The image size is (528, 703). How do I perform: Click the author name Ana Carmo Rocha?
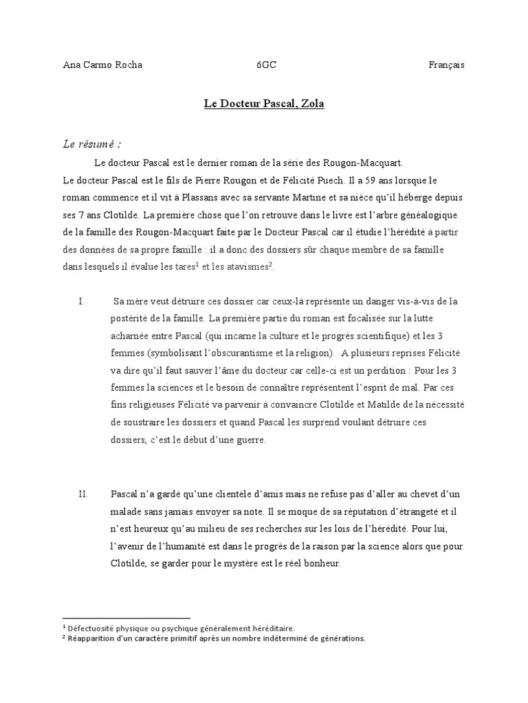102,65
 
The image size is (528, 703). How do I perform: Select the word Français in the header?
446,65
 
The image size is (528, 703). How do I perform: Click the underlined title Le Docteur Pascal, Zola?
264,104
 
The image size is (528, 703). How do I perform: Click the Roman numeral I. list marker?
82,301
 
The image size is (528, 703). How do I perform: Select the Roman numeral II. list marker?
83,494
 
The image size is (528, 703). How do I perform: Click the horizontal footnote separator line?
126,618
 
